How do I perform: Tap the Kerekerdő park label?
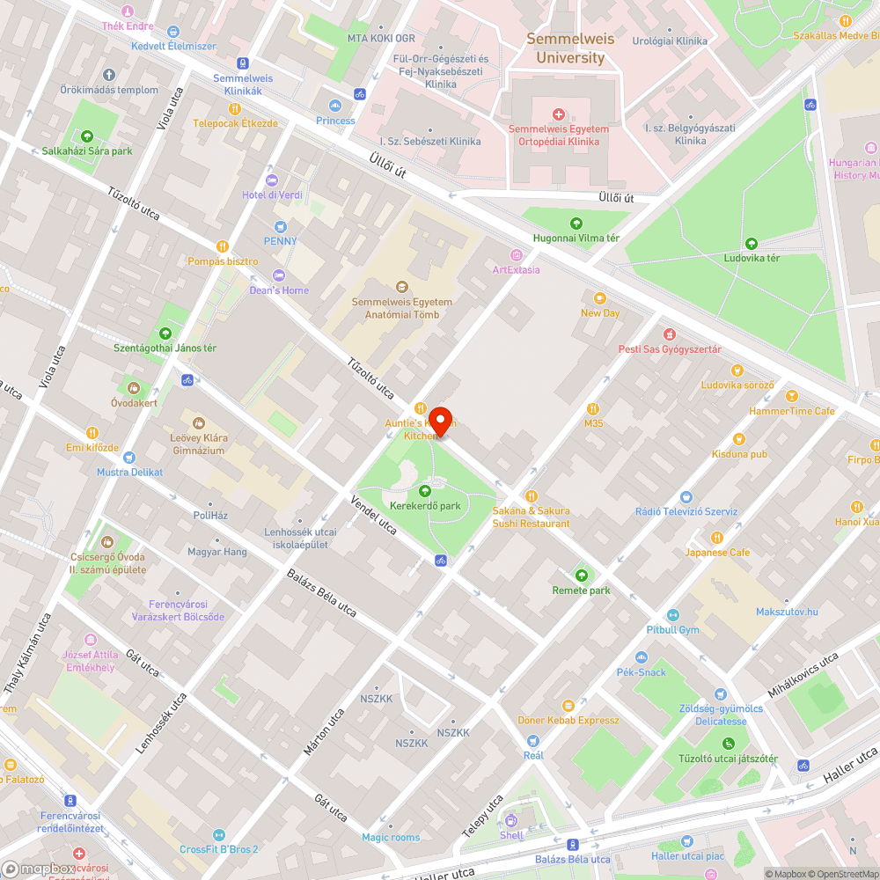425,506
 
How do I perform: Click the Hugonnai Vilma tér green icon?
576,224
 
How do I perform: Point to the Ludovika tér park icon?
751,244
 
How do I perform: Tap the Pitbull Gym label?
672,630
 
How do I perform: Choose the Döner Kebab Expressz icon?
568,705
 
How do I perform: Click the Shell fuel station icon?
511,820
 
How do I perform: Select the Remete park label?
581,590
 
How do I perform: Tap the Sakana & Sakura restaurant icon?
531,496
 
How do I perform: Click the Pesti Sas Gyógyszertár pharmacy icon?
670,334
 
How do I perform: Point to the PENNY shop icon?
281,226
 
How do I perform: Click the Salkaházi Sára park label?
87,151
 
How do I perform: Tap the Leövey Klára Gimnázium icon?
198,423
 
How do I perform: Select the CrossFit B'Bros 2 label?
218,849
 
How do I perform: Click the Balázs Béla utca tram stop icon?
573,844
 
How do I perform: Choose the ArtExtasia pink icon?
517,255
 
